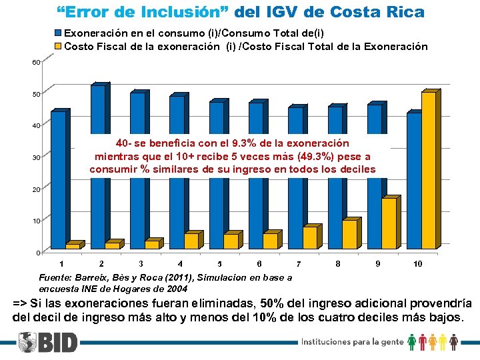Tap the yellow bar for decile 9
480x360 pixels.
pyautogui.click(x=389, y=223)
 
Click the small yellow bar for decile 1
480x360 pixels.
pyautogui.click(x=73, y=246)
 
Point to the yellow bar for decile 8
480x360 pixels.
pyautogui.click(x=349, y=234)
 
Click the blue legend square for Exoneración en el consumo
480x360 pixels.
pyautogui.click(x=58, y=33)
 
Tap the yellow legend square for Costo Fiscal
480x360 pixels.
pyautogui.click(x=58, y=46)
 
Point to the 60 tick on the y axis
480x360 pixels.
pyautogui.click(x=37, y=62)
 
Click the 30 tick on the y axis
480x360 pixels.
pyautogui.click(x=37, y=157)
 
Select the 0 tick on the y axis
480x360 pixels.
pyautogui.click(x=39, y=253)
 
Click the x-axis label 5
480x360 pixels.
pyautogui.click(x=220, y=264)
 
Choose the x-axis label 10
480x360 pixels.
pyautogui.click(x=418, y=264)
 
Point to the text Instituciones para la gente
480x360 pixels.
pyautogui.click(x=352, y=342)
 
